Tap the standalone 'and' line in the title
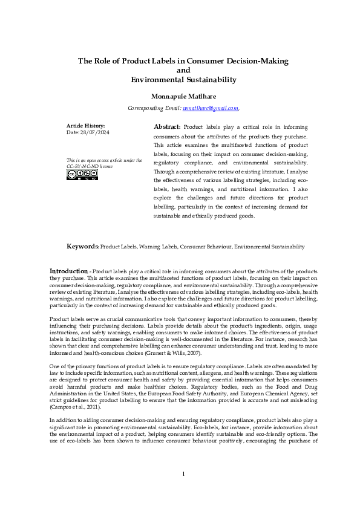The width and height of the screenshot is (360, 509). pyautogui.click(x=183, y=70)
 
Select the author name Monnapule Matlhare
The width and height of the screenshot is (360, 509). pyautogui.click(x=183, y=96)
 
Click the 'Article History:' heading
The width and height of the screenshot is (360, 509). pyautogui.click(x=85, y=125)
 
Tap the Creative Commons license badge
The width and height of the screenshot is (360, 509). pyautogui.click(x=82, y=175)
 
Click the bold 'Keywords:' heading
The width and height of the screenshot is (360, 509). pyautogui.click(x=83, y=247)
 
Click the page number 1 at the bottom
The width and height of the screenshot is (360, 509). pyautogui.click(x=183, y=490)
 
